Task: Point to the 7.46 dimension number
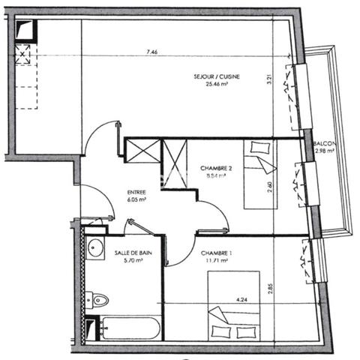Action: (x=151, y=52)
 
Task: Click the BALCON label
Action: (x=325, y=143)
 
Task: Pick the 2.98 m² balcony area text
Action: (x=325, y=151)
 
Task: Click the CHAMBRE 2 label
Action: (x=216, y=168)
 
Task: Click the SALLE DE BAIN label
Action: (x=133, y=253)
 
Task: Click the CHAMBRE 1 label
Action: (x=216, y=253)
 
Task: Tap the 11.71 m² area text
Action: (x=216, y=261)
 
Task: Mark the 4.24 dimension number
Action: (x=242, y=300)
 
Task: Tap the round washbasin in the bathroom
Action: (x=95, y=248)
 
